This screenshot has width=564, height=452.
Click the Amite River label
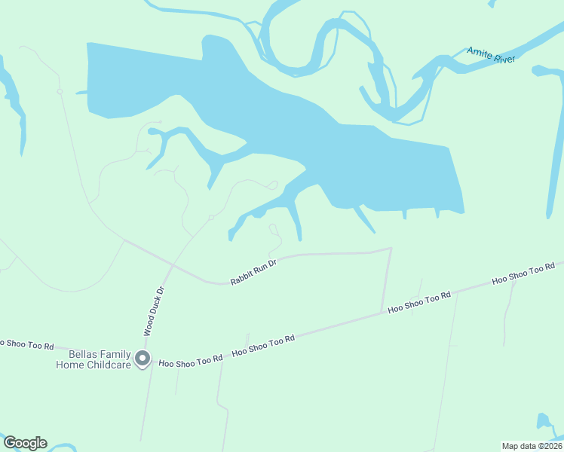click(490, 54)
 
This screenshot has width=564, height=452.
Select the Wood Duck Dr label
click(154, 310)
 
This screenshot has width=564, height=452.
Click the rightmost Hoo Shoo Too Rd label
click(523, 273)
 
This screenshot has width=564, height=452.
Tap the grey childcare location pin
click(142, 359)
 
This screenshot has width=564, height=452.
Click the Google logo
click(25, 443)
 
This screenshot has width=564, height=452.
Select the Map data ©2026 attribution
click(532, 445)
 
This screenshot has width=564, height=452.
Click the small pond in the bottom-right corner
click(545, 423)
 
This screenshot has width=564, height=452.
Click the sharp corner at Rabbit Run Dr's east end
click(391, 248)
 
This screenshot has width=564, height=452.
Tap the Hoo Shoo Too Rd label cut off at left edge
click(26, 344)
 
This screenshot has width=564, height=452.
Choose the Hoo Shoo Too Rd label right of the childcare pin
click(190, 361)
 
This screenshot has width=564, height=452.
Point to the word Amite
click(480, 52)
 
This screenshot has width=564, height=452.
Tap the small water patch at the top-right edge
click(493, 3)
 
